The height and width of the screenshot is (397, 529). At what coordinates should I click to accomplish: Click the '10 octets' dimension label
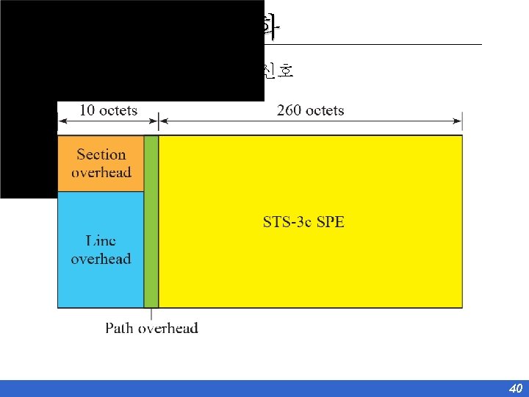pyautogui.click(x=108, y=110)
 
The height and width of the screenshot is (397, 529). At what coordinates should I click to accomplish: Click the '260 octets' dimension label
pyautogui.click(x=310, y=110)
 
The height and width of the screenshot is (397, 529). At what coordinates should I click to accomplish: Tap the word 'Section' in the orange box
pyautogui.click(x=101, y=154)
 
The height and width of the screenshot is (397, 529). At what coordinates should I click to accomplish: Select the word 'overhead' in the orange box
pyautogui.click(x=101, y=173)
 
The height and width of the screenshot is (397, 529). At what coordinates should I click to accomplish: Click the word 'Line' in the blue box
pyautogui.click(x=101, y=240)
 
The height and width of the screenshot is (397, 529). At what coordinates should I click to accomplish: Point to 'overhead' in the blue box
pyautogui.click(x=101, y=259)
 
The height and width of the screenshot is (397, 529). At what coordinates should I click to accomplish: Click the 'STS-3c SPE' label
pyautogui.click(x=303, y=221)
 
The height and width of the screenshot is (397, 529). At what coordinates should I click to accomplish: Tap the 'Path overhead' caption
pyautogui.click(x=151, y=328)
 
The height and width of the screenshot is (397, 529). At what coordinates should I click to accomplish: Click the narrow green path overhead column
pyautogui.click(x=151, y=221)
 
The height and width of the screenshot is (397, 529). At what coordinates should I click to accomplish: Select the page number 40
pyautogui.click(x=515, y=388)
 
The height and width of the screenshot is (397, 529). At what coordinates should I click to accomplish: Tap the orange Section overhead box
pyautogui.click(x=101, y=163)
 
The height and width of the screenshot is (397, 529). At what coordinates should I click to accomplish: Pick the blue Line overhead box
pyautogui.click(x=101, y=249)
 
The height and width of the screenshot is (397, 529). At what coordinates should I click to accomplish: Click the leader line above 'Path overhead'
pyautogui.click(x=151, y=313)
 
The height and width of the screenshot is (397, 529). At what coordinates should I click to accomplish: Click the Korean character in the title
pyautogui.click(x=271, y=27)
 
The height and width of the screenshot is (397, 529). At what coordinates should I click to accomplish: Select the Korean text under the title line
pyautogui.click(x=278, y=71)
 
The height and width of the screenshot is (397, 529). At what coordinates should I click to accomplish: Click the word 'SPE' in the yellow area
pyautogui.click(x=330, y=221)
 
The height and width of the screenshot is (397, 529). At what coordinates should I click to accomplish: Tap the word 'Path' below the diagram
pyautogui.click(x=119, y=328)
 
